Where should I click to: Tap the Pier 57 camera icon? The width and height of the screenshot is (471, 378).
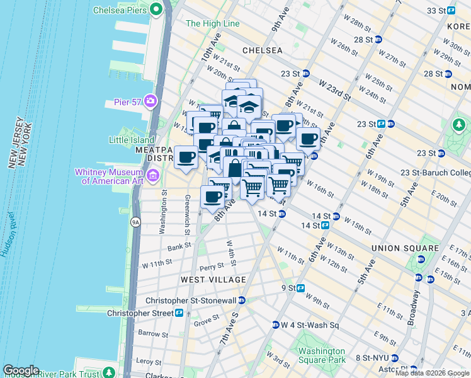pyautogui.click(x=150, y=101)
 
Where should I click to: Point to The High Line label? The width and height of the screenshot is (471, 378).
pyautogui.click(x=213, y=24)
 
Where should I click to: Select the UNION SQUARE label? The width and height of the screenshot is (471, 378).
pyautogui.click(x=405, y=248)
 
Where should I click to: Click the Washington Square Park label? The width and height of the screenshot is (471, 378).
pyautogui.click(x=322, y=355)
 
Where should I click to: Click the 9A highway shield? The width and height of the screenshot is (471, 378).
pyautogui.click(x=135, y=222)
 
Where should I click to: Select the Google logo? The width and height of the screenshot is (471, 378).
pyautogui.click(x=21, y=370)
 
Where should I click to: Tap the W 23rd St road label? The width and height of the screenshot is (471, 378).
pyautogui.click(x=334, y=90)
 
